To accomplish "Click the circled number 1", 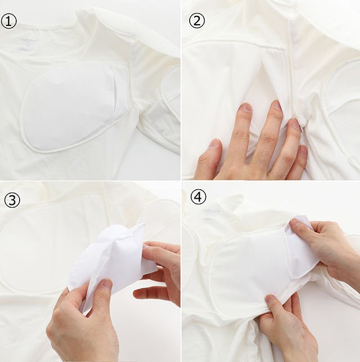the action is (x=9, y=21).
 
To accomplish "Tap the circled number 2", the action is (x=197, y=20).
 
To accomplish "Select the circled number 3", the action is (x=12, y=200).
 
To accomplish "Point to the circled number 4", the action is (x=199, y=196).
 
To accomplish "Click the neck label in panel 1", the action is (x=24, y=44).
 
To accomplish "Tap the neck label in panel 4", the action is (x=210, y=214).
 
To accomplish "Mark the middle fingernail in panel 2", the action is (x=277, y=105).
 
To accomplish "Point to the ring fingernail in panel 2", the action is (x=295, y=124).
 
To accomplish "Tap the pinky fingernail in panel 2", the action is (x=303, y=151).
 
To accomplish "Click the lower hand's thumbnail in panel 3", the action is (x=107, y=284).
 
